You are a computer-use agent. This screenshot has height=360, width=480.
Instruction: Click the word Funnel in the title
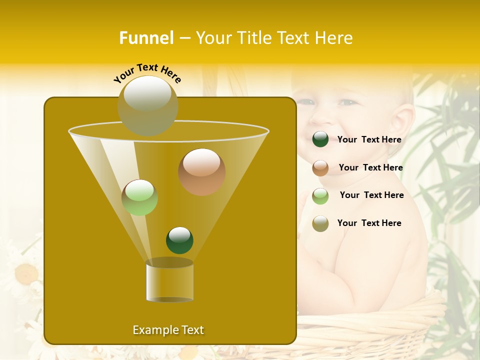tap(146, 38)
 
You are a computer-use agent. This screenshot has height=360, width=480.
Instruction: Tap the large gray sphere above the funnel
tap(147, 105)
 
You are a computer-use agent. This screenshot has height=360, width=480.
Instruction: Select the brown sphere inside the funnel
tap(201, 172)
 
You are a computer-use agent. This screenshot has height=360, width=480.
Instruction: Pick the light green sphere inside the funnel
tap(139, 197)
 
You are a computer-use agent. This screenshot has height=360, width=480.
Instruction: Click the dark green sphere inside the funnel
tap(179, 240)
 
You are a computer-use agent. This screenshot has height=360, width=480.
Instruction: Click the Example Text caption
tap(168, 330)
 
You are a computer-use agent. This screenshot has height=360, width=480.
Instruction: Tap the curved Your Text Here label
tap(147, 73)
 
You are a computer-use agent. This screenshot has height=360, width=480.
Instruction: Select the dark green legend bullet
tap(320, 139)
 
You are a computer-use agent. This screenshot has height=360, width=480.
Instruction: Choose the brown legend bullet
tap(320, 168)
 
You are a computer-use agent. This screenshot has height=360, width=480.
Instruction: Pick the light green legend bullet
tap(320, 196)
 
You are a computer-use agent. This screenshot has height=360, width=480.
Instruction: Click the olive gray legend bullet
tap(320, 223)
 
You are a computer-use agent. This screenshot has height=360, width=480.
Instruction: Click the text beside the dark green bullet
tap(369, 140)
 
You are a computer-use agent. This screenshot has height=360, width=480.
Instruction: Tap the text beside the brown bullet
tap(370, 168)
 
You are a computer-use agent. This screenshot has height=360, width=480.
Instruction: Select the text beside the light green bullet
tap(371, 195)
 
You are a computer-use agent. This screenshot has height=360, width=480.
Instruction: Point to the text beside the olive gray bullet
tap(369, 223)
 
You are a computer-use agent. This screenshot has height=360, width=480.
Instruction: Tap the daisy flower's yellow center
tap(26, 274)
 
